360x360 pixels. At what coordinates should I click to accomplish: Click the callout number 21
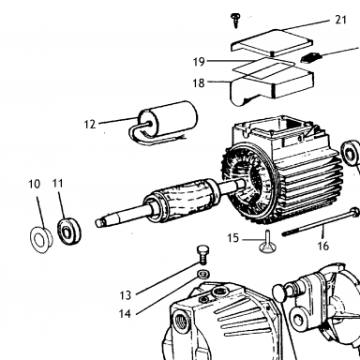(341, 20)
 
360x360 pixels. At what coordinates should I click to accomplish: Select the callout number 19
(199, 62)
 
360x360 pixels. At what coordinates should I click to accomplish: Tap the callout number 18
(199, 83)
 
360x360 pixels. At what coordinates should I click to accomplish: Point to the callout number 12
(90, 125)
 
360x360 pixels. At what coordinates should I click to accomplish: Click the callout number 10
(35, 184)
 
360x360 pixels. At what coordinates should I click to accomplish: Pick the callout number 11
(57, 184)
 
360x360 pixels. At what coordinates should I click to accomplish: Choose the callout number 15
(232, 238)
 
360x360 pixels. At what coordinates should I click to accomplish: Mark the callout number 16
(323, 246)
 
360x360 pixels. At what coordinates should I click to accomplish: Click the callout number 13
(126, 295)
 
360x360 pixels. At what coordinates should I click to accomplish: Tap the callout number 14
(125, 313)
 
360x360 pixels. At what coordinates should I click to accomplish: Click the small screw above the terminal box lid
(234, 20)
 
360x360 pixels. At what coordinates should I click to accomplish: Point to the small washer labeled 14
(203, 275)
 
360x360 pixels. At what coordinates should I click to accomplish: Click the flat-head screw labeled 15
(267, 242)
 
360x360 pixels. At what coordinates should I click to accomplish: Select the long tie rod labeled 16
(321, 222)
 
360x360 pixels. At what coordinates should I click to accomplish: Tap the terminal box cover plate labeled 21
(272, 42)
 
